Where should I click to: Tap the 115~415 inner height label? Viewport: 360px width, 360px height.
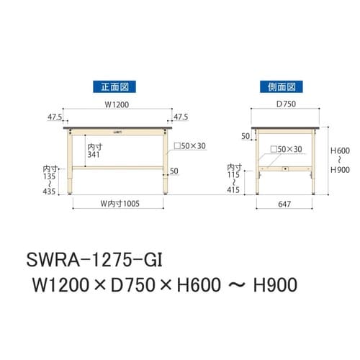233,179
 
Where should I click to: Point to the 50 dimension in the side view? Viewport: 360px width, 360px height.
244,135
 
